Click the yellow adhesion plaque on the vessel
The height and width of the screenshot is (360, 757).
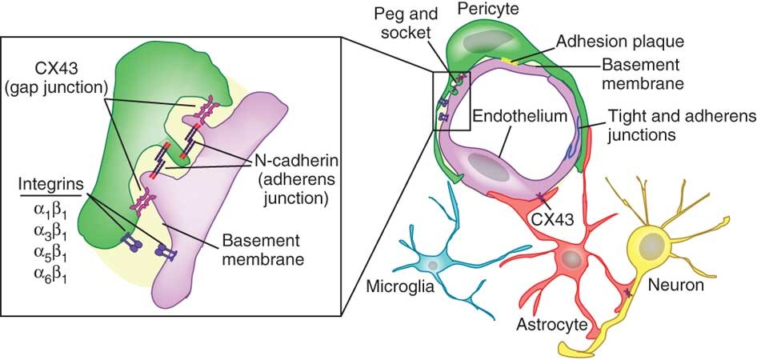pyautogui.click(x=511, y=59)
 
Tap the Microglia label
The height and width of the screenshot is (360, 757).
pyautogui.click(x=401, y=286)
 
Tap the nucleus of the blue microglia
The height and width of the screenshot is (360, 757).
pyautogui.click(x=433, y=264)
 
